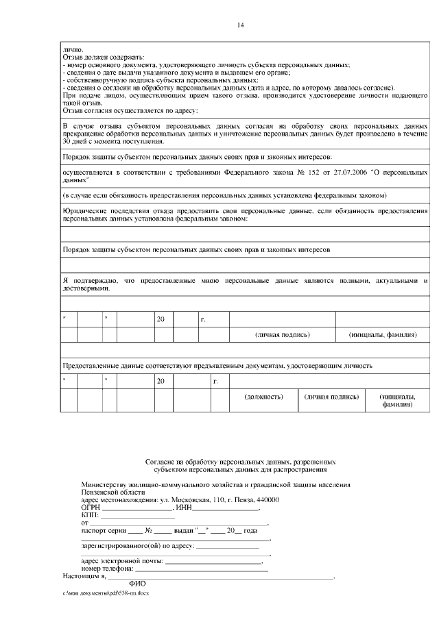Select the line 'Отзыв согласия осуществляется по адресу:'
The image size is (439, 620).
point(130,110)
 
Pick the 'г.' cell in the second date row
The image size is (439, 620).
point(216,380)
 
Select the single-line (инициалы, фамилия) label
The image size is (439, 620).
point(383,335)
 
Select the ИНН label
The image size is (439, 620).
point(183,508)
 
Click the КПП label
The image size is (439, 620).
point(90,515)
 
